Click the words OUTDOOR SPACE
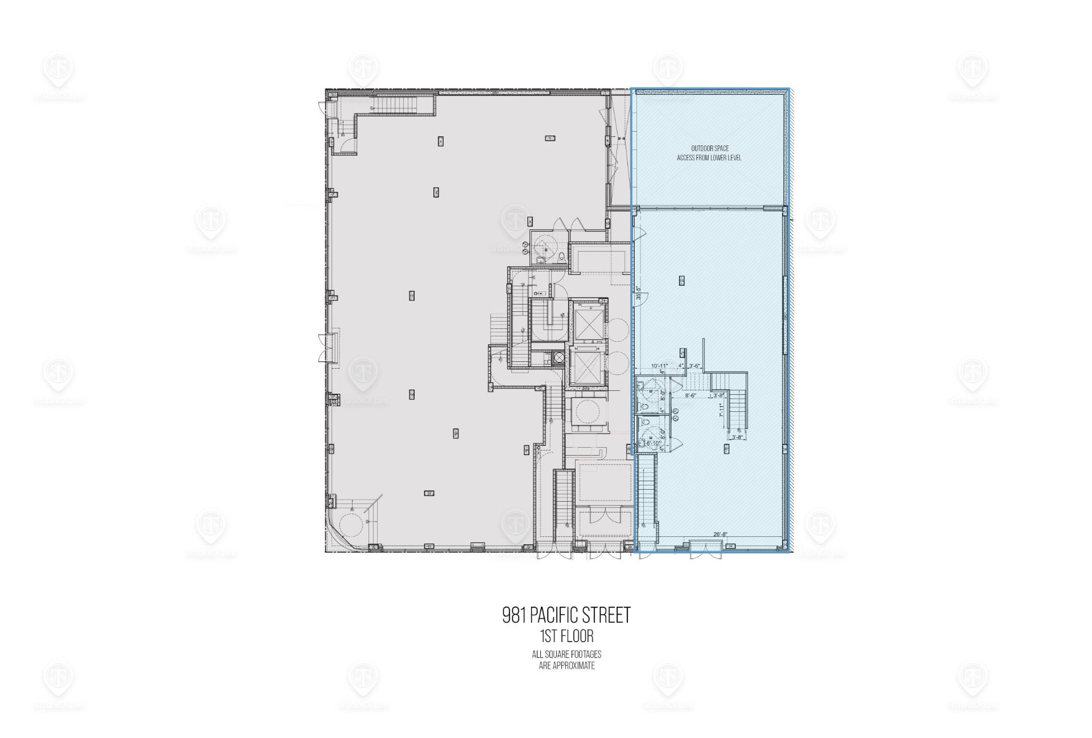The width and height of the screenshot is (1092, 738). (x=710, y=148)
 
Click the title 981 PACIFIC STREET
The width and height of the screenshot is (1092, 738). (x=566, y=615)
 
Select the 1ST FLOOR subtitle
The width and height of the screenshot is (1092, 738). (x=567, y=637)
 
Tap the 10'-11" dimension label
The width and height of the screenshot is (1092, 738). (x=659, y=366)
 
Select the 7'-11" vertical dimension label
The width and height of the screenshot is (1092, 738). (x=720, y=410)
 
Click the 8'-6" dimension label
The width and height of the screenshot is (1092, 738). (x=690, y=395)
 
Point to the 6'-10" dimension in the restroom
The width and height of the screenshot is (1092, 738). (x=654, y=443)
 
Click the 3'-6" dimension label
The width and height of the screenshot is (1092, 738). (x=694, y=366)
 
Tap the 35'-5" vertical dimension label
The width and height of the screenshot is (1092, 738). (x=638, y=293)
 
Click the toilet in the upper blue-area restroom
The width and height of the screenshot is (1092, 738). (x=644, y=405)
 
